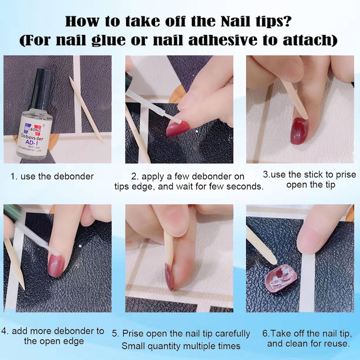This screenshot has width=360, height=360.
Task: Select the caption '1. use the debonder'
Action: (52, 176)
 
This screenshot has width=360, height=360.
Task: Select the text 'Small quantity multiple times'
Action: (181, 345)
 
